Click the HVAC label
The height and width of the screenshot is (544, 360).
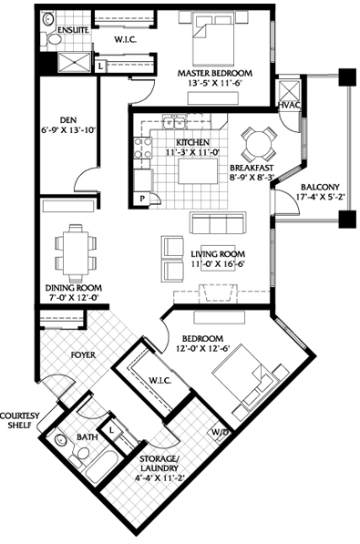click(289, 105)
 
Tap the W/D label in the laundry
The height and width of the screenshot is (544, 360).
click(219, 433)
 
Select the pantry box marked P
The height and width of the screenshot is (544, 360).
click(142, 199)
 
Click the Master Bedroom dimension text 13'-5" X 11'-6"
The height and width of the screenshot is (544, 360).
click(215, 83)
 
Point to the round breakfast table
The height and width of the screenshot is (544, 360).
click(259, 143)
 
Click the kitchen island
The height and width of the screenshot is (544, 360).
click(198, 170)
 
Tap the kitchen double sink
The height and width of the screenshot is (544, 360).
click(174, 122)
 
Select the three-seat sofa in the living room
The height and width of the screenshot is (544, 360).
click(218, 224)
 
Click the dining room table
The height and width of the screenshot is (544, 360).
click(76, 253)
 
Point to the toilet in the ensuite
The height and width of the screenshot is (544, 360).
click(51, 38)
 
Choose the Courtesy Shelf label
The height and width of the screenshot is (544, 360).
click(19, 420)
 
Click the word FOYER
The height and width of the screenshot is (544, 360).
click(83, 354)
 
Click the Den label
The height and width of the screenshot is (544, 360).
click(68, 120)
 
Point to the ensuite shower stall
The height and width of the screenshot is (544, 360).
click(75, 63)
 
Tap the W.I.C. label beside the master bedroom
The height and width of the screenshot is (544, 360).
click(126, 40)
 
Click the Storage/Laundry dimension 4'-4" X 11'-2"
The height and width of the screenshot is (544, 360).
click(159, 477)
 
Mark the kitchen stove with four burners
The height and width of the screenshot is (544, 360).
click(143, 148)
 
